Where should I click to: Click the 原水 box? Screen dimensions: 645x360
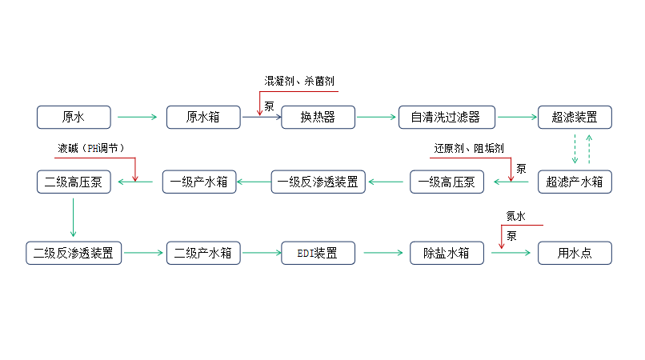tap(74, 118)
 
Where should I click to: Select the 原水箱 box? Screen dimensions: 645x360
tap(203, 118)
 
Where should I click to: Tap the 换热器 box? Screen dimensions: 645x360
tap(318, 118)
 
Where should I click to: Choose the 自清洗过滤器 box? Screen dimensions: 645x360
tap(447, 118)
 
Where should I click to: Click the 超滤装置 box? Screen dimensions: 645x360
tap(575, 118)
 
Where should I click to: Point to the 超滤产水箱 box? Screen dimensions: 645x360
tap(575, 182)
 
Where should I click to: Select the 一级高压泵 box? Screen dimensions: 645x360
tap(447, 182)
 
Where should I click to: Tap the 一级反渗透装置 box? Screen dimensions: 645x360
tap(318, 182)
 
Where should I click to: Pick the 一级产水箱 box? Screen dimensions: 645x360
tap(199, 182)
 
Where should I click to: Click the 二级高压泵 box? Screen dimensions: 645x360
tap(74, 182)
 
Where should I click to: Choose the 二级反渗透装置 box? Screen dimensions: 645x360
tap(74, 253)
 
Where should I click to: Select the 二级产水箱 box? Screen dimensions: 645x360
tap(203, 253)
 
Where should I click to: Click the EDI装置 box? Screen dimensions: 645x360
tap(318, 253)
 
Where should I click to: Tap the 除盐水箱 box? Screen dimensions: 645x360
tap(447, 253)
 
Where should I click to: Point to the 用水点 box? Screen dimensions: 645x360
tap(575, 253)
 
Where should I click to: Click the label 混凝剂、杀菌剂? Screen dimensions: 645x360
tap(299, 81)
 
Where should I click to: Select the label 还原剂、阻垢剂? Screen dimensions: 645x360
tap(469, 148)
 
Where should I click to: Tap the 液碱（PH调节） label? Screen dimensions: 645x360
tap(91, 148)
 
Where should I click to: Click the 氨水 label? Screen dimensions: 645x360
tap(516, 216)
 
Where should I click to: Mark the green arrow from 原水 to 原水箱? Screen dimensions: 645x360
tap(137, 118)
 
